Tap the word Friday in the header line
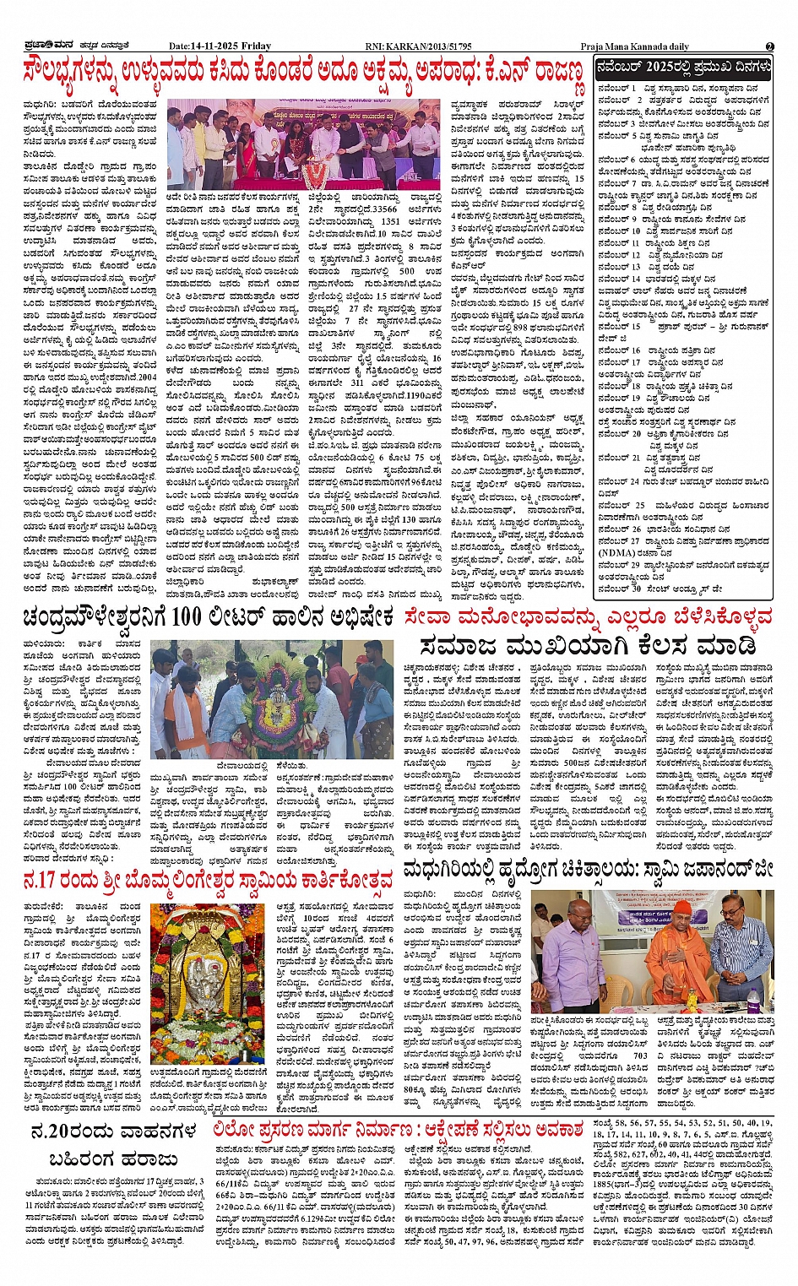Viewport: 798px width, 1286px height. (x=257, y=46)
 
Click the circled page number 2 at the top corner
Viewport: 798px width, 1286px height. (x=769, y=46)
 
